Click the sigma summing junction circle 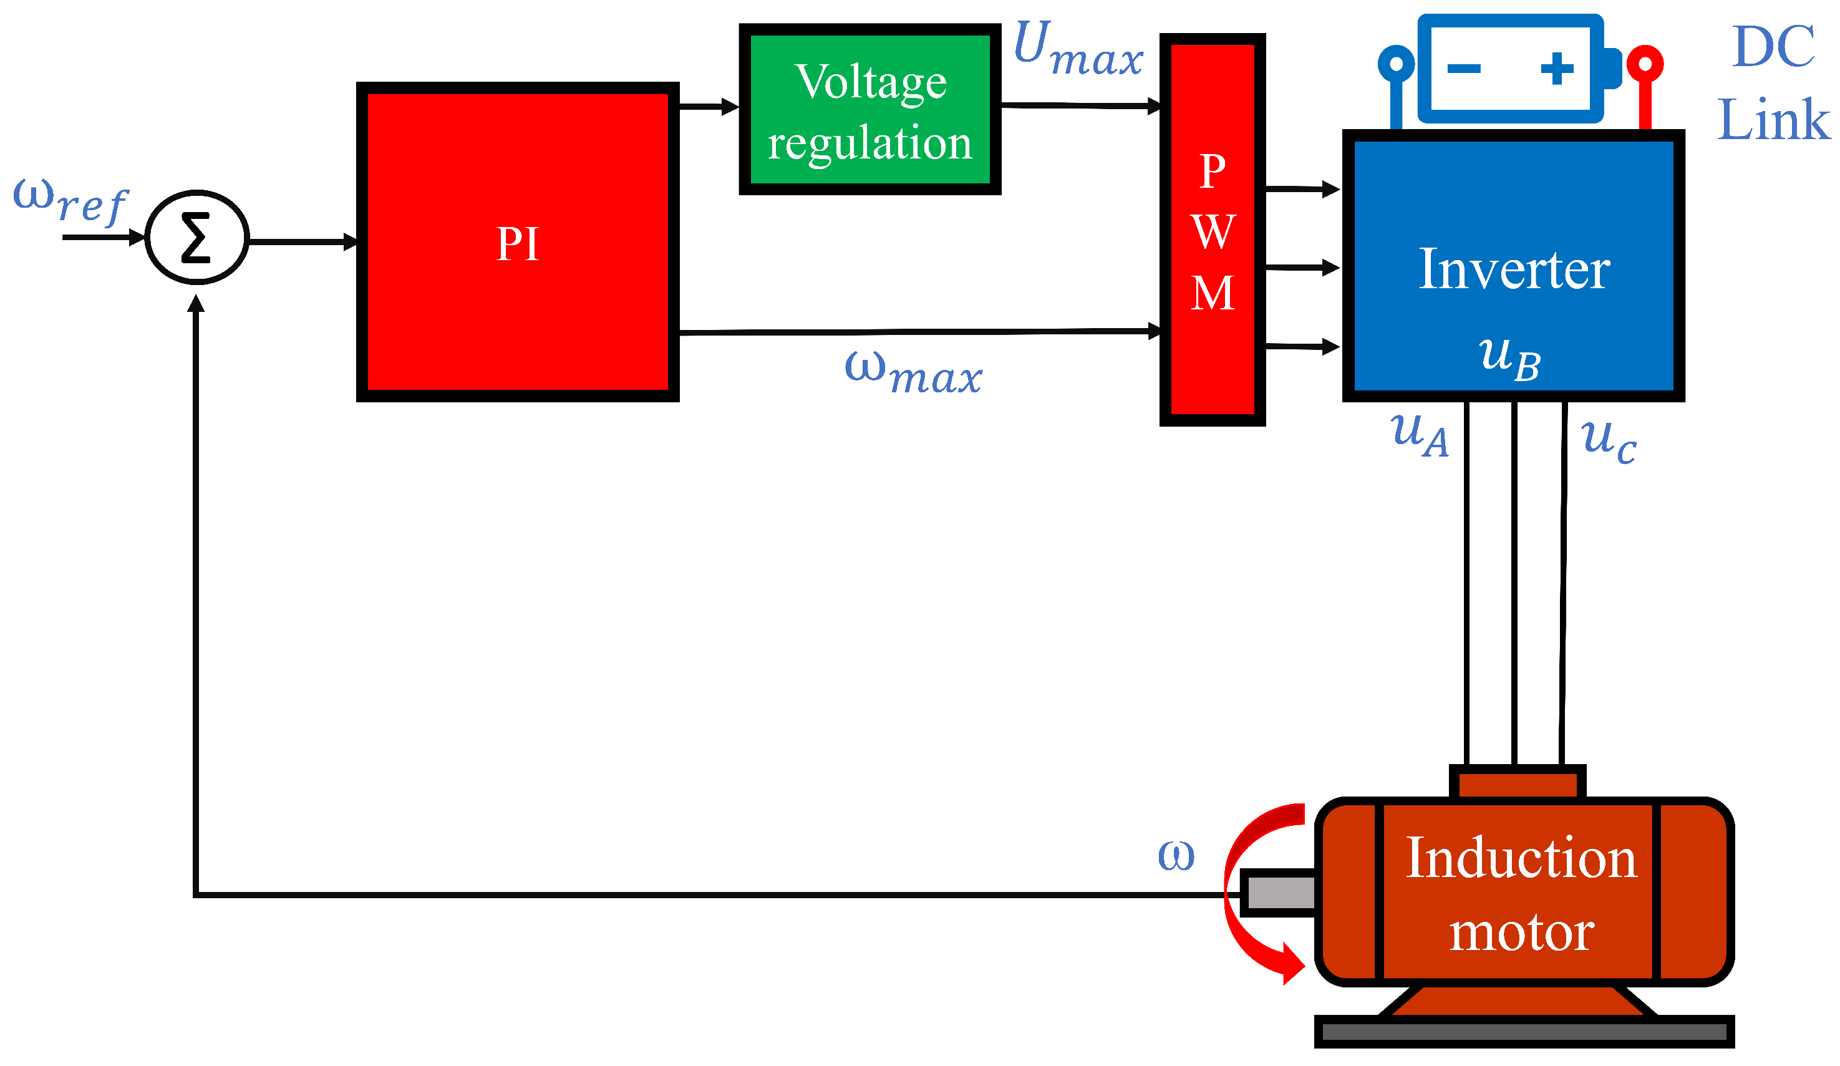pyautogui.click(x=197, y=237)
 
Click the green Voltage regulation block pyautogui.click(x=869, y=110)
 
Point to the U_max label pyautogui.click(x=1078, y=48)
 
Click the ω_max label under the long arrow pyautogui.click(x=913, y=372)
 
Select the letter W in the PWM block pyautogui.click(x=1212, y=232)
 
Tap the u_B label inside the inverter pyautogui.click(x=1509, y=358)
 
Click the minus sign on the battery pyautogui.click(x=1463, y=69)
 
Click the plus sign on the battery pyautogui.click(x=1557, y=69)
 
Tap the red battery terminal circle pyautogui.click(x=1645, y=64)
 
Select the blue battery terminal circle pyautogui.click(x=1396, y=64)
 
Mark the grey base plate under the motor pyautogui.click(x=1524, y=1032)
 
